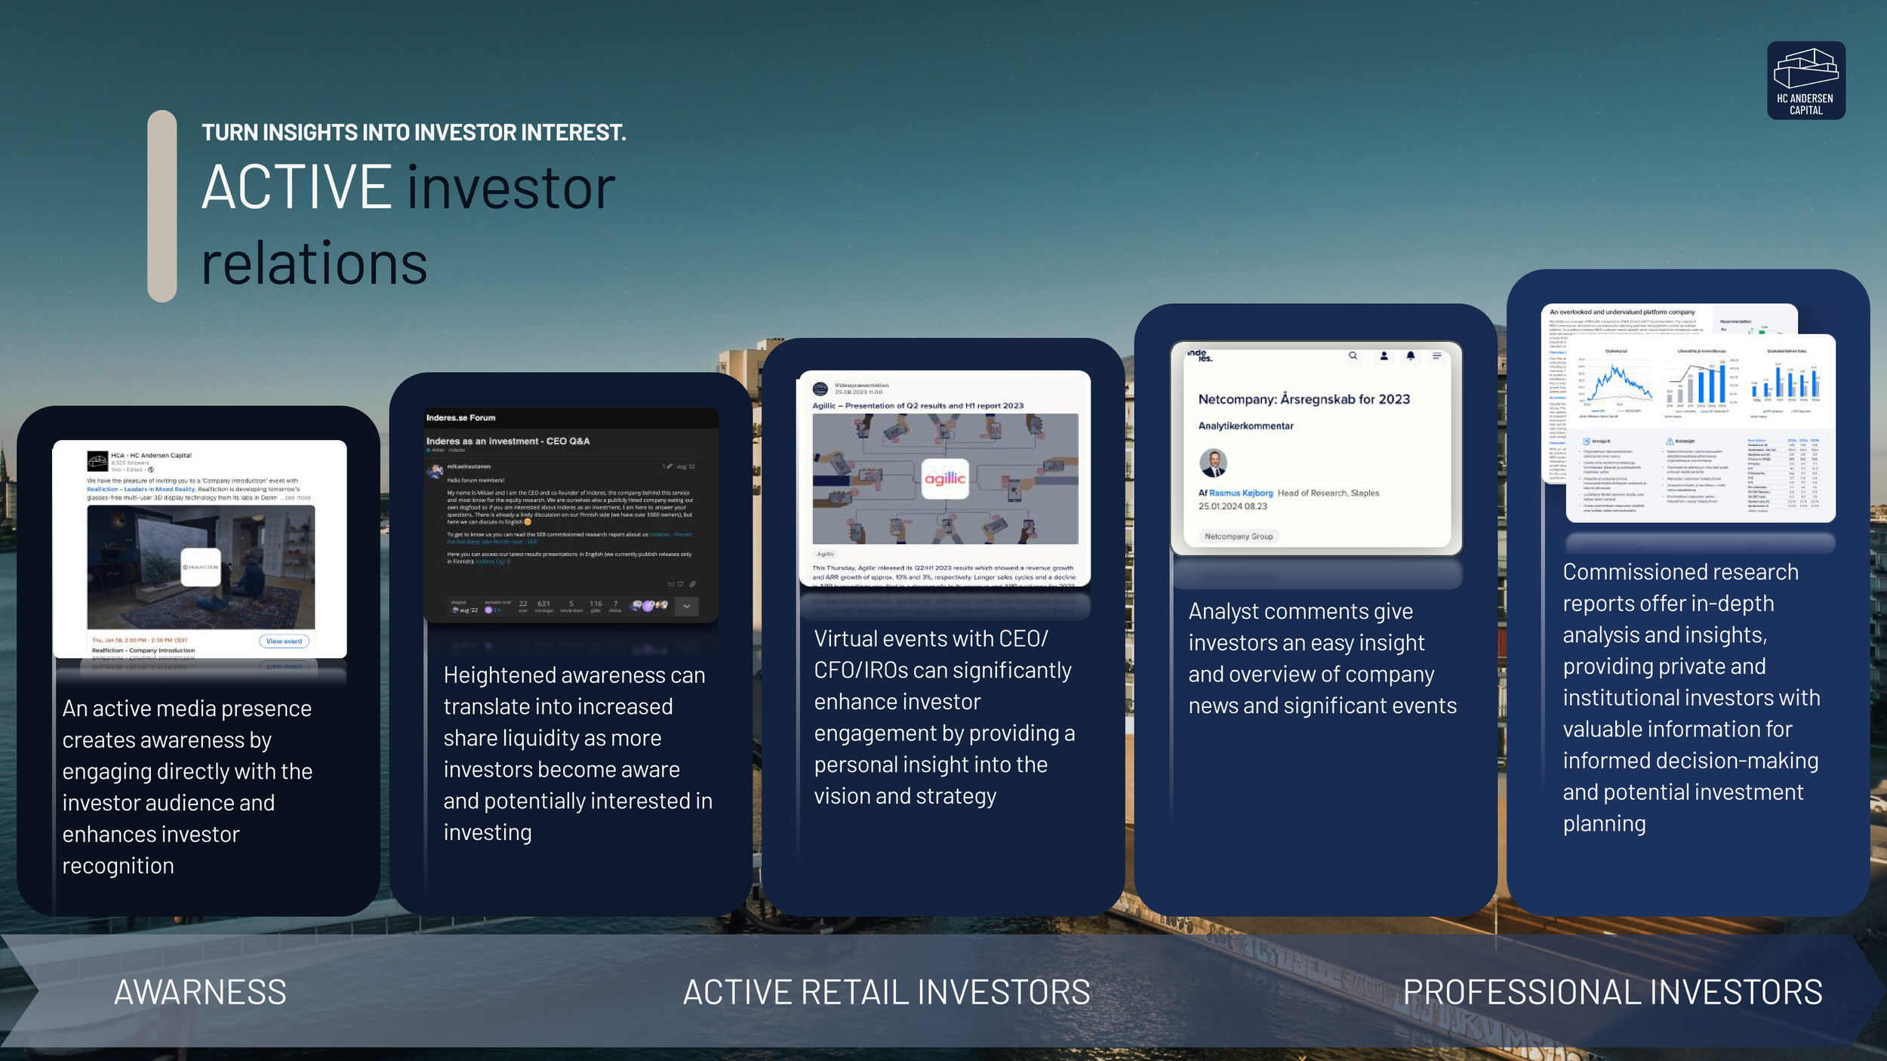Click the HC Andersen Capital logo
click(1805, 80)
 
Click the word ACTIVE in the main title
click(297, 188)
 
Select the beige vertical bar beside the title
click(162, 206)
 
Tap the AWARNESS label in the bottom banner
click(200, 992)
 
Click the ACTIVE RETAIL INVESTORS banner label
click(886, 992)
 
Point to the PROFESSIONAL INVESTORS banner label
click(1612, 992)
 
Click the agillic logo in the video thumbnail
click(945, 478)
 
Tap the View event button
click(284, 641)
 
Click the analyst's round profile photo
click(1213, 463)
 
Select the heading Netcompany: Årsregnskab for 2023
click(1304, 399)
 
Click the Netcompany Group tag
click(1239, 537)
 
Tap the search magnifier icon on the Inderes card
click(1353, 355)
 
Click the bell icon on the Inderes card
click(1410, 355)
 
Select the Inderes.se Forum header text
click(460, 417)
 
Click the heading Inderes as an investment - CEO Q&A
click(507, 441)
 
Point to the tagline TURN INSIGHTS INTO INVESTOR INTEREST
click(414, 133)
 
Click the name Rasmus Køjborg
click(1241, 494)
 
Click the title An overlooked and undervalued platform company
click(1622, 312)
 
